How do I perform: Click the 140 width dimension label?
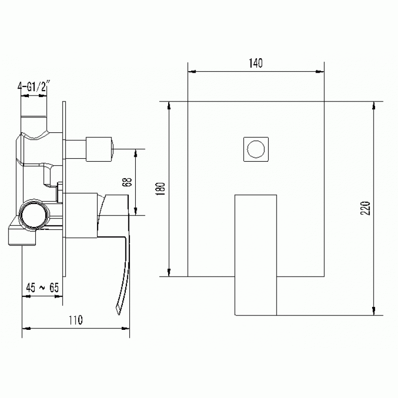point(256,63)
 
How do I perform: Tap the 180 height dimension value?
point(161,189)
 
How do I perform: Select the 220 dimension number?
point(366,208)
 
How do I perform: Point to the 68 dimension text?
point(127,182)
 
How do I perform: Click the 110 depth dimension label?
point(76,320)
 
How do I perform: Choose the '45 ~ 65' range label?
point(42,288)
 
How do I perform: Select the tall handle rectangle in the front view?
point(256,255)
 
